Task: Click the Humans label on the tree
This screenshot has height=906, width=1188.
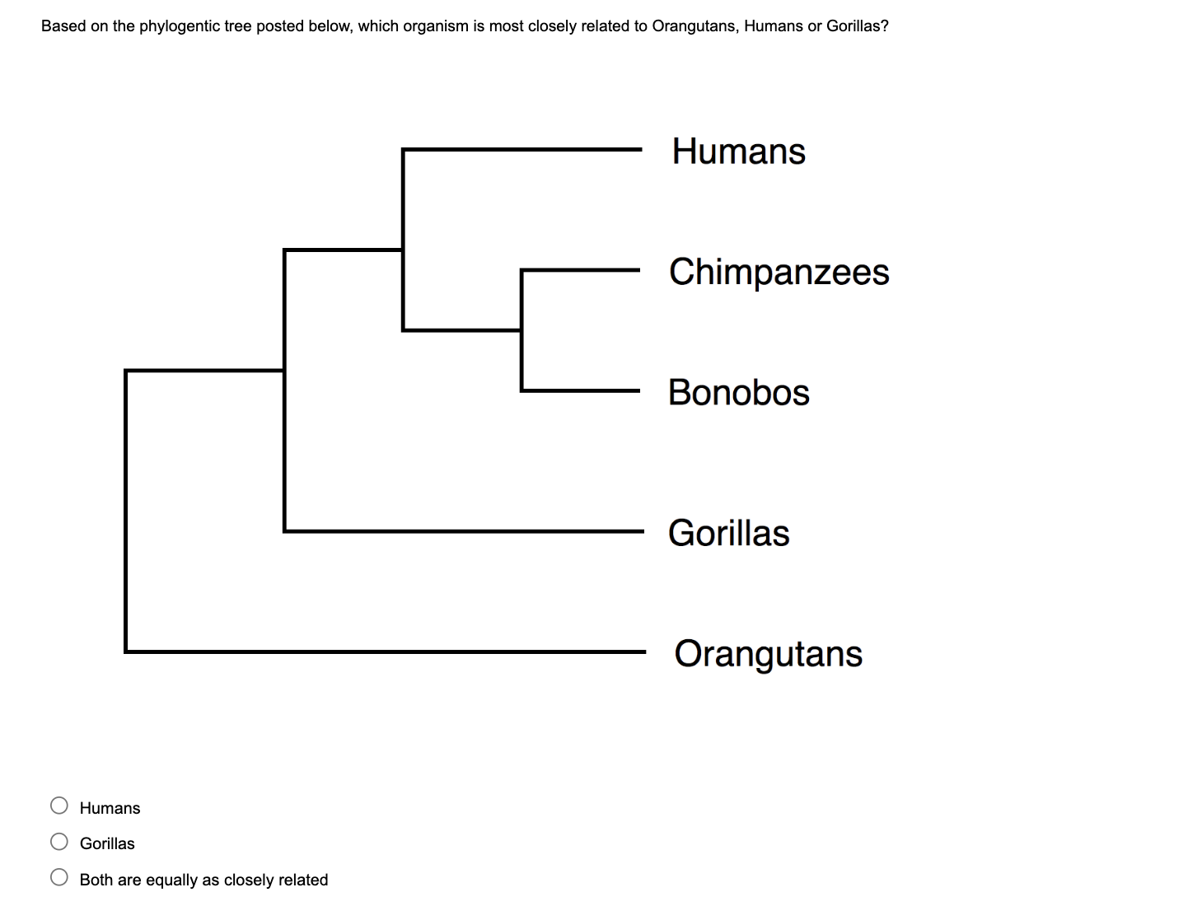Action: pyautogui.click(x=738, y=152)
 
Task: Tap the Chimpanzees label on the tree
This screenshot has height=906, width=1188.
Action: pyautogui.click(x=779, y=272)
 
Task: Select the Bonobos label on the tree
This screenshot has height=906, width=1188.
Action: pyautogui.click(x=738, y=392)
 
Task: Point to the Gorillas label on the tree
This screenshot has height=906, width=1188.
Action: pyautogui.click(x=728, y=533)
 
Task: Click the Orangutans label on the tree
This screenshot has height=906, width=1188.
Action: pyautogui.click(x=768, y=654)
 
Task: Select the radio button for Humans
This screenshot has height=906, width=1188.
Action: pyautogui.click(x=59, y=806)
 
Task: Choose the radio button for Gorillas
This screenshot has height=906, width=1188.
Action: pyautogui.click(x=59, y=841)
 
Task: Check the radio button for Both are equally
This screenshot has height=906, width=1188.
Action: pyautogui.click(x=59, y=877)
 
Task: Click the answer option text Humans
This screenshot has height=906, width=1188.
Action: pyautogui.click(x=110, y=808)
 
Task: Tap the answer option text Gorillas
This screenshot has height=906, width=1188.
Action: pyautogui.click(x=107, y=843)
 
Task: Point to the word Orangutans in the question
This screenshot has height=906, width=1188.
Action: pyautogui.click(x=694, y=26)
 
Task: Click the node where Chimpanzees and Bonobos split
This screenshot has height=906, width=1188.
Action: pyautogui.click(x=522, y=329)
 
